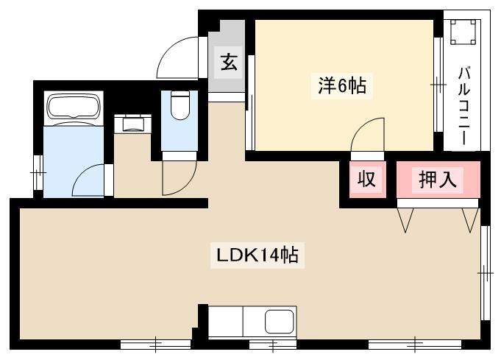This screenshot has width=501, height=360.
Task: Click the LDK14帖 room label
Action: pyautogui.click(x=256, y=256)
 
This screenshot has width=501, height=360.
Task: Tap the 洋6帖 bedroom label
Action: pyautogui.click(x=342, y=86)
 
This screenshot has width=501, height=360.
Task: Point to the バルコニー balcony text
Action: pyautogui.click(x=464, y=105)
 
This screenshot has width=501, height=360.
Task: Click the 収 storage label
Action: pyautogui.click(x=366, y=179)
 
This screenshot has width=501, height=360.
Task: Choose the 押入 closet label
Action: pyautogui.click(x=437, y=179)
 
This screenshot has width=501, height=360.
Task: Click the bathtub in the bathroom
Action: pyautogui.click(x=73, y=107)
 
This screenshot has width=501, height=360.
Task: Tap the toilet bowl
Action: pyautogui.click(x=180, y=107)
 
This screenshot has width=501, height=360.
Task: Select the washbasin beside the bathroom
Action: pyautogui.click(x=133, y=123)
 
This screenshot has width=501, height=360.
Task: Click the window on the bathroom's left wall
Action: pyautogui.click(x=36, y=174)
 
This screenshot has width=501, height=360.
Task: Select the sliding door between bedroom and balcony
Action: pyautogui.click(x=438, y=86)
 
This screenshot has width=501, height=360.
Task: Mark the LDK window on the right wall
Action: pyautogui.click(x=485, y=272)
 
